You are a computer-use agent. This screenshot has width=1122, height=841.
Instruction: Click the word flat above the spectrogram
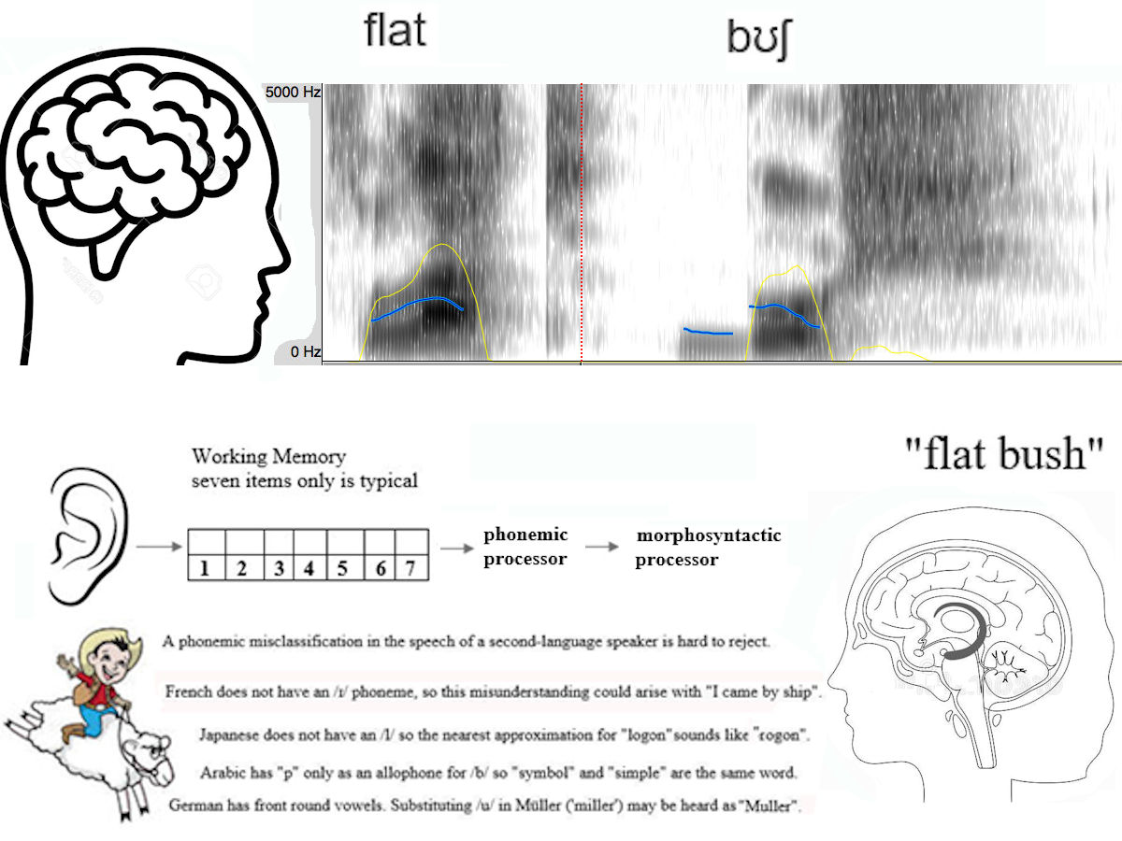[x=396, y=30]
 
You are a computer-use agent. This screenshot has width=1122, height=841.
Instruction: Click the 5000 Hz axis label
[x=294, y=93]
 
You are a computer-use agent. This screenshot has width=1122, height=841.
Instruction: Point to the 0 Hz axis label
[x=306, y=351]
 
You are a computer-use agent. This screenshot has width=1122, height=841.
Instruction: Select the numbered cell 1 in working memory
[x=208, y=567]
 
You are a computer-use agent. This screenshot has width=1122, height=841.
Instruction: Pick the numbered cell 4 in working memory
[x=309, y=567]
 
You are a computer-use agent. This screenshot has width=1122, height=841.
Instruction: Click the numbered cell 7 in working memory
[x=410, y=567]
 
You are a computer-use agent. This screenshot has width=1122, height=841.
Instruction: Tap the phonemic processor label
[x=525, y=547]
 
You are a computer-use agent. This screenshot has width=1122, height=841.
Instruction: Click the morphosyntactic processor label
[x=708, y=548]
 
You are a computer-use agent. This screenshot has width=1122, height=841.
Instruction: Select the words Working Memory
[x=268, y=457]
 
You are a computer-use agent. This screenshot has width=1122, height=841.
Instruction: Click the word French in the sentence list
[x=189, y=692]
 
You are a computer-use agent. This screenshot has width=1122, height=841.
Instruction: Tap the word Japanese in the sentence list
[x=230, y=734]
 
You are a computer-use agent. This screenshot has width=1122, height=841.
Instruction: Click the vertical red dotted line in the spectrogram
[x=582, y=224]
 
